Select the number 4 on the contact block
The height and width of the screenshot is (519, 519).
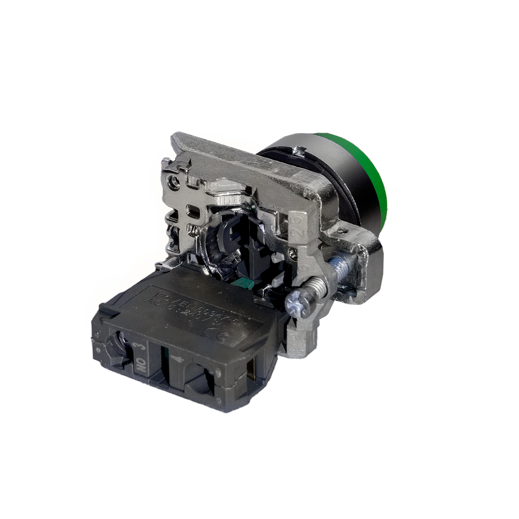pyautogui.click(x=176, y=359)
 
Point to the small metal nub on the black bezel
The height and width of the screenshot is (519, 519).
pyautogui.click(x=298, y=152)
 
